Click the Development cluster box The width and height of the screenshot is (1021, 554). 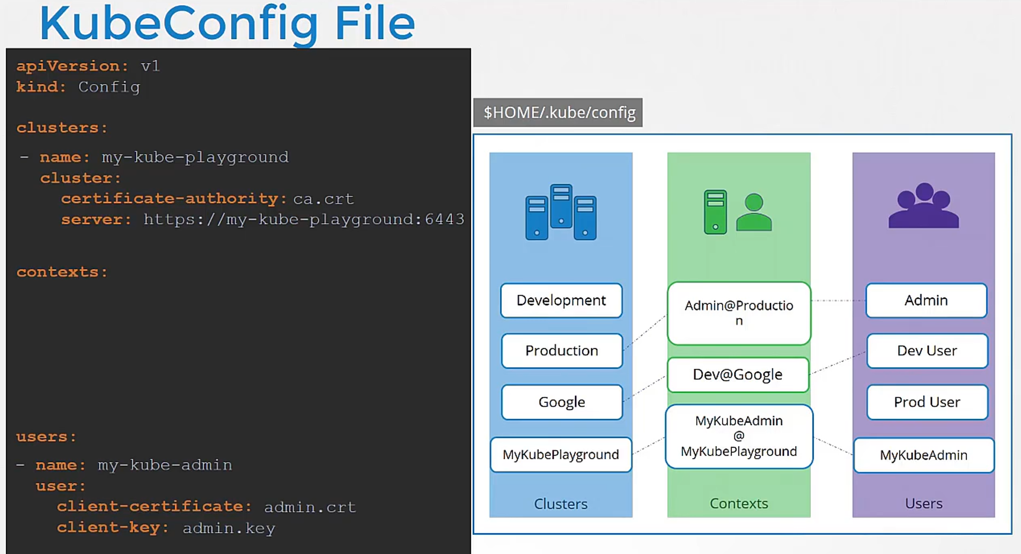pyautogui.click(x=561, y=300)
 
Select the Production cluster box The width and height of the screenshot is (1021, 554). pyautogui.click(x=562, y=351)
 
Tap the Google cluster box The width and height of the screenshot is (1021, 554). pyautogui.click(x=562, y=402)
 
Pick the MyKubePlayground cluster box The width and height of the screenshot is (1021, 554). pyautogui.click(x=561, y=455)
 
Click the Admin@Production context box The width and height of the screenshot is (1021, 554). pyautogui.click(x=739, y=313)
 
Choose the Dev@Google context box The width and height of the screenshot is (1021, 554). pyautogui.click(x=738, y=374)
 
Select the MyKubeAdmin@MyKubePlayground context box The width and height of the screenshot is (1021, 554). pyautogui.click(x=739, y=436)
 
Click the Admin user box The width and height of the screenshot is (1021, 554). pyautogui.click(x=926, y=300)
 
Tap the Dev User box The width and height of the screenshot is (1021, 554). pyautogui.click(x=927, y=351)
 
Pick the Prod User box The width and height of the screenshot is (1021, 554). pyautogui.click(x=927, y=402)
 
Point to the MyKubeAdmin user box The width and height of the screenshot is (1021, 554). pyautogui.click(x=923, y=455)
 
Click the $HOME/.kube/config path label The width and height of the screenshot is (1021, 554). pyautogui.click(x=558, y=113)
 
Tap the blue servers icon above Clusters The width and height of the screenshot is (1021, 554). pyautogui.click(x=561, y=212)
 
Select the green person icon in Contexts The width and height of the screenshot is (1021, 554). pyautogui.click(x=754, y=212)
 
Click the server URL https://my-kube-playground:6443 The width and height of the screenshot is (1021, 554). pyautogui.click(x=304, y=219)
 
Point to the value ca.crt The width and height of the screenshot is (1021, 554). pyautogui.click(x=324, y=199)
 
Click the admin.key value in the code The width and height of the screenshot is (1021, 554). pyautogui.click(x=229, y=528)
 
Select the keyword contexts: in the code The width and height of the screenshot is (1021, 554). pyautogui.click(x=62, y=272)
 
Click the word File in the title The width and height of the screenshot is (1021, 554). pyautogui.click(x=374, y=23)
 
